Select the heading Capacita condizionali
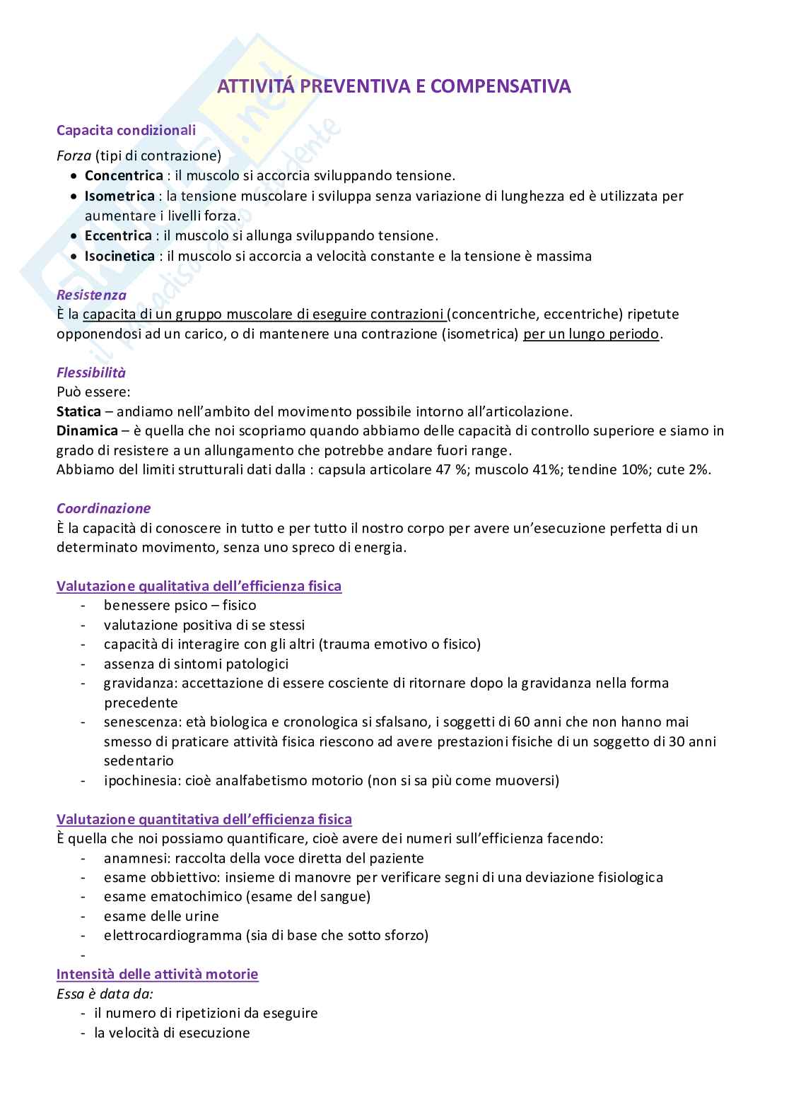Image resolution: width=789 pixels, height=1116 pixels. (126, 130)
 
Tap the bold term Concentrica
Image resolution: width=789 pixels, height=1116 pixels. (124, 175)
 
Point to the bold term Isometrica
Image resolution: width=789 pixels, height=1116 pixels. (119, 196)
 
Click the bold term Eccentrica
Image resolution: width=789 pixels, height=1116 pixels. (118, 235)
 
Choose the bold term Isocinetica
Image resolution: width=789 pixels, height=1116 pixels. (119, 256)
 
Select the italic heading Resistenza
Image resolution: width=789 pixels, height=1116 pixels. (91, 295)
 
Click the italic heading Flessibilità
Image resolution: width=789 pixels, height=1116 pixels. (90, 372)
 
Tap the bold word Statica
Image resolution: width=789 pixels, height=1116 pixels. (78, 411)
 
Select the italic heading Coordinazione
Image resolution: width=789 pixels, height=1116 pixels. (103, 508)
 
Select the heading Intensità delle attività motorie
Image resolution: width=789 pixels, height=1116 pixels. (157, 974)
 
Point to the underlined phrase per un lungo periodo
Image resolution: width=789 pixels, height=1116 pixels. (591, 334)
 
